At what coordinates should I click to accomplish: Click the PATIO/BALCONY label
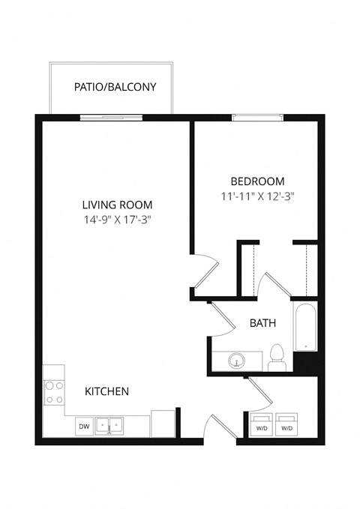pos(115,87)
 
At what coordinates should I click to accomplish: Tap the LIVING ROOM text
pos(117,205)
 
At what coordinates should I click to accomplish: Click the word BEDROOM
pos(257,181)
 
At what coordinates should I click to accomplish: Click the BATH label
pos(262,324)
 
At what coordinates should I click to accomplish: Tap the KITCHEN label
pos(106,391)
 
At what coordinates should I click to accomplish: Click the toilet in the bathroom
pos(276,358)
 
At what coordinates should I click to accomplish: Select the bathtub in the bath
pos(305,327)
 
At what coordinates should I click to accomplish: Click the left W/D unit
pos(262,423)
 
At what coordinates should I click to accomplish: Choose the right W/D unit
pos(286,423)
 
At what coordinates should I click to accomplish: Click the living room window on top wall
pos(112,115)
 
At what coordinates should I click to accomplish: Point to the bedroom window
pos(257,115)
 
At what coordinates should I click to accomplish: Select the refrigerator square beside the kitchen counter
pos(163,424)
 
